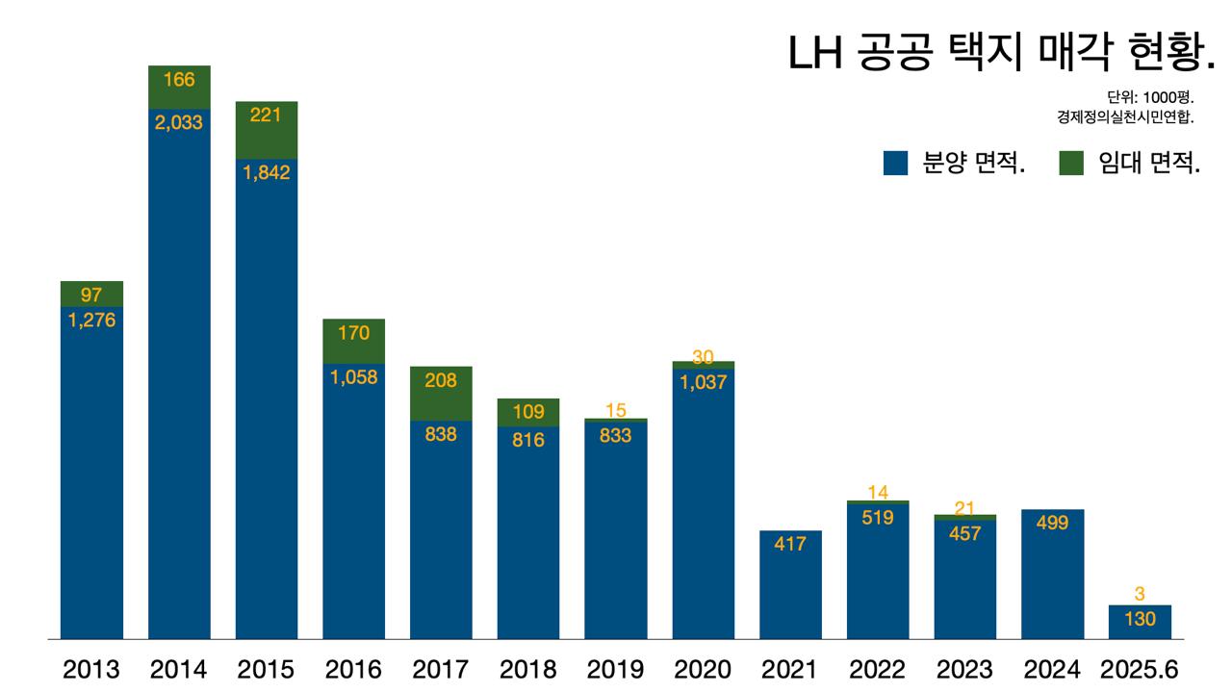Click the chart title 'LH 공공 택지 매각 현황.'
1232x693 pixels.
(1002, 54)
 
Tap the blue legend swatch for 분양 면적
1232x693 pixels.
(895, 164)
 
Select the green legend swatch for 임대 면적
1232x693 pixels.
(1071, 164)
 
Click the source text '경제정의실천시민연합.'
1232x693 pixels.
(1124, 117)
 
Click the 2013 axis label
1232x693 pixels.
(91, 669)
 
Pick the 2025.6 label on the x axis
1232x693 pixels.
(1141, 669)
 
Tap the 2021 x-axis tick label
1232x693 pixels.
(790, 669)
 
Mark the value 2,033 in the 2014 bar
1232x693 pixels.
(179, 122)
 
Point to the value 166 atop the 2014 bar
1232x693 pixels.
(179, 79)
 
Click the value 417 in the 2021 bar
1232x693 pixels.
(790, 544)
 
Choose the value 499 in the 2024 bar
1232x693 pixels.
(1053, 523)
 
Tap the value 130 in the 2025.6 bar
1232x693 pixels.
(1140, 619)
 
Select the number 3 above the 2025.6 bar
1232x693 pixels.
(1140, 595)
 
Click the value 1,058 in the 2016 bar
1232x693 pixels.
(354, 377)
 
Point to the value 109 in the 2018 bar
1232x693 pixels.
(528, 412)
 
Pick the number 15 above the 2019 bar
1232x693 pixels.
(616, 411)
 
